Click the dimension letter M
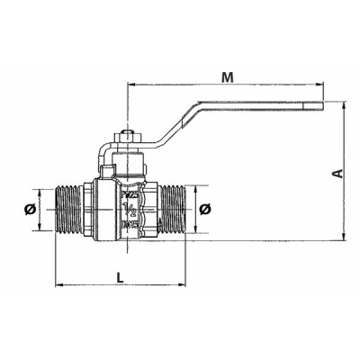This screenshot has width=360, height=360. (x=229, y=76)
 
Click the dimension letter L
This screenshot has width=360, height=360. (x=120, y=276)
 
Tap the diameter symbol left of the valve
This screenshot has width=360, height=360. (x=30, y=209)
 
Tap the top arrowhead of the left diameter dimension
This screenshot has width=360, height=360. (x=40, y=192)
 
